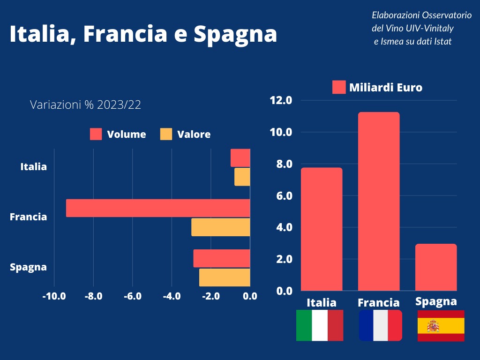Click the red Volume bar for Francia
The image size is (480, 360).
158,208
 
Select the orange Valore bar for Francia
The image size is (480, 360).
221,227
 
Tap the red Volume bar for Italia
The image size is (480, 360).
240,158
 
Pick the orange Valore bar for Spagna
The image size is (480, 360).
225,277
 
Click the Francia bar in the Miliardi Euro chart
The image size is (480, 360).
379,202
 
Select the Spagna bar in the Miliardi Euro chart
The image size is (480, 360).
436,267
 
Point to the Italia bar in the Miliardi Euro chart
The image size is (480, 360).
322,229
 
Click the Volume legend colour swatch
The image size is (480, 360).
96,134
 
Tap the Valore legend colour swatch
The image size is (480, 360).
166,134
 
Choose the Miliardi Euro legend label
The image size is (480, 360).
385,88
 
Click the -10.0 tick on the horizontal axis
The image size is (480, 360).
54,296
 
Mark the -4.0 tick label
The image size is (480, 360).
172,296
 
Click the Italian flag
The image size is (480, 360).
320,325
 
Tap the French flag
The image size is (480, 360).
380,325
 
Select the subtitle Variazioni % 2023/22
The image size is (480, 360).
85,105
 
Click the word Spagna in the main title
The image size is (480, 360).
235,34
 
